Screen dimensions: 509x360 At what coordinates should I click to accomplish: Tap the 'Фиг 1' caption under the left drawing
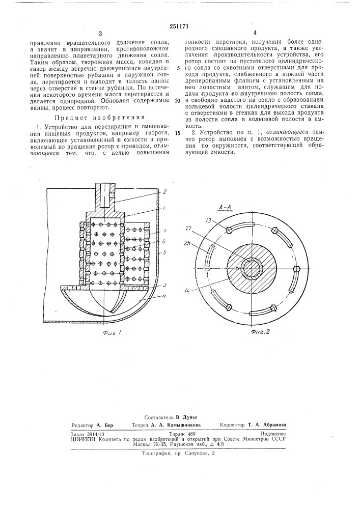click(x=114, y=334)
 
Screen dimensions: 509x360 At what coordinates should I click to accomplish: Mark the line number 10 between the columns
click(x=176, y=100)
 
